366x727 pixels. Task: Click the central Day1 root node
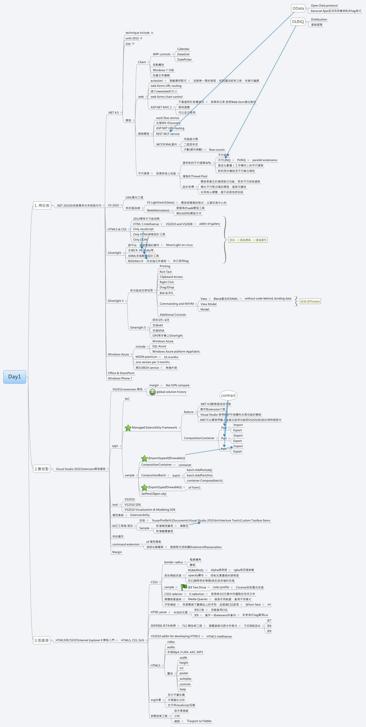(x=14, y=377)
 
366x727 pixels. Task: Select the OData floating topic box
(x=298, y=8)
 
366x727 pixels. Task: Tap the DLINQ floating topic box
(x=298, y=22)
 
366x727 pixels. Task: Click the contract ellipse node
(x=228, y=395)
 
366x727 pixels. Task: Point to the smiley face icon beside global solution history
(x=152, y=392)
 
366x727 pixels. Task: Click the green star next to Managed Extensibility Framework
(x=128, y=427)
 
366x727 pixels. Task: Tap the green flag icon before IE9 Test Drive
(x=184, y=587)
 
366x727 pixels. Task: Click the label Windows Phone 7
(x=120, y=378)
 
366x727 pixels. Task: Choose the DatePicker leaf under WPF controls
(x=184, y=60)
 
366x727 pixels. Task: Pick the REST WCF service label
(x=167, y=134)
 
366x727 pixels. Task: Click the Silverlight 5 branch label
(x=138, y=328)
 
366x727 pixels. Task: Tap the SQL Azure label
(x=159, y=346)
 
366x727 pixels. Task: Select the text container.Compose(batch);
(x=205, y=481)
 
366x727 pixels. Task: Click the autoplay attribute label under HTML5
(x=185, y=679)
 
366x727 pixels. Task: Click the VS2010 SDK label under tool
(x=133, y=505)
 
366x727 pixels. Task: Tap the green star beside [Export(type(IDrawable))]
(x=144, y=487)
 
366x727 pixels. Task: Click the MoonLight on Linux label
(x=179, y=245)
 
